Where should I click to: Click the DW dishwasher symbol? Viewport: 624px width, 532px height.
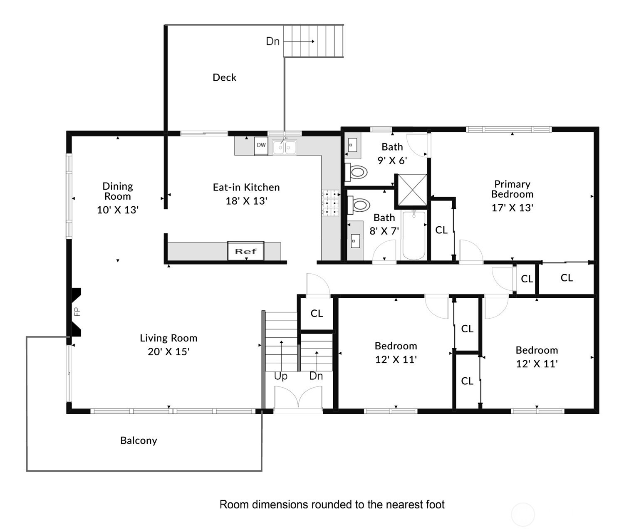pyautogui.click(x=261, y=146)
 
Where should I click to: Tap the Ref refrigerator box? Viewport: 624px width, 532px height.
pyautogui.click(x=246, y=250)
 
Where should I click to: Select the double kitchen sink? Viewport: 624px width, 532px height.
pyautogui.click(x=285, y=147)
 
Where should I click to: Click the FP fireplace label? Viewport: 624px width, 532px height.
pyautogui.click(x=78, y=311)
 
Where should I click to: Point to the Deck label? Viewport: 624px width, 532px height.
pyautogui.click(x=224, y=77)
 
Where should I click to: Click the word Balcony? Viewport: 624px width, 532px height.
pyautogui.click(x=139, y=440)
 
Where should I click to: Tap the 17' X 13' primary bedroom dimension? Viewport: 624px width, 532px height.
pyautogui.click(x=512, y=208)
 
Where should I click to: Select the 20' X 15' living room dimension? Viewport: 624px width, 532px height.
pyautogui.click(x=168, y=351)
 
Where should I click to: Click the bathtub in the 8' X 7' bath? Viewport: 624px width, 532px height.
pyautogui.click(x=414, y=235)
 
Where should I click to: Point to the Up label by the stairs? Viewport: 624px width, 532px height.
pyautogui.click(x=280, y=376)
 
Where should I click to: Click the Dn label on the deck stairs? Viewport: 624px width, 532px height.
pyautogui.click(x=272, y=41)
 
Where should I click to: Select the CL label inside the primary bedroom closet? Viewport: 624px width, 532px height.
pyautogui.click(x=441, y=230)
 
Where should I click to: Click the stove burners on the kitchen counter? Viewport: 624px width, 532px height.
pyautogui.click(x=331, y=203)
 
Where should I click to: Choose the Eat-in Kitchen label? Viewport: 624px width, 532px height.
pyautogui.click(x=246, y=187)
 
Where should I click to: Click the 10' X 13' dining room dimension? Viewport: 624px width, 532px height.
pyautogui.click(x=118, y=210)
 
